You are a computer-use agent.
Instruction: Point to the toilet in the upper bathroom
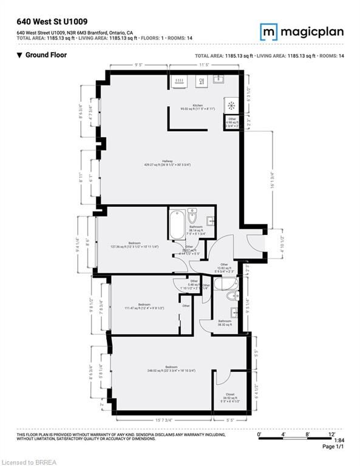192,216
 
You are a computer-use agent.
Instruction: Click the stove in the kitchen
231,105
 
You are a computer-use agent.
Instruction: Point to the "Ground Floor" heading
46,55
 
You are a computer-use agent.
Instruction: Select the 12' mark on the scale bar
331,434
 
